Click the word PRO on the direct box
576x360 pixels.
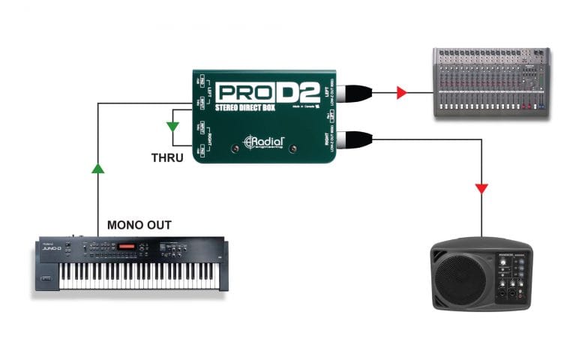click(241, 93)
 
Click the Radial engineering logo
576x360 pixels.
click(264, 140)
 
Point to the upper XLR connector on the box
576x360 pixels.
click(349, 93)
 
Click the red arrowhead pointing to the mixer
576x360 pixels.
click(402, 93)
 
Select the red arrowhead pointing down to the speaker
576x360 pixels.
click(481, 187)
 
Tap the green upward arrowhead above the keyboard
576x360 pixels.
click(98, 169)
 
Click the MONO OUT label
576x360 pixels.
click(139, 224)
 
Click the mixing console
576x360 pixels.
click(492, 82)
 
